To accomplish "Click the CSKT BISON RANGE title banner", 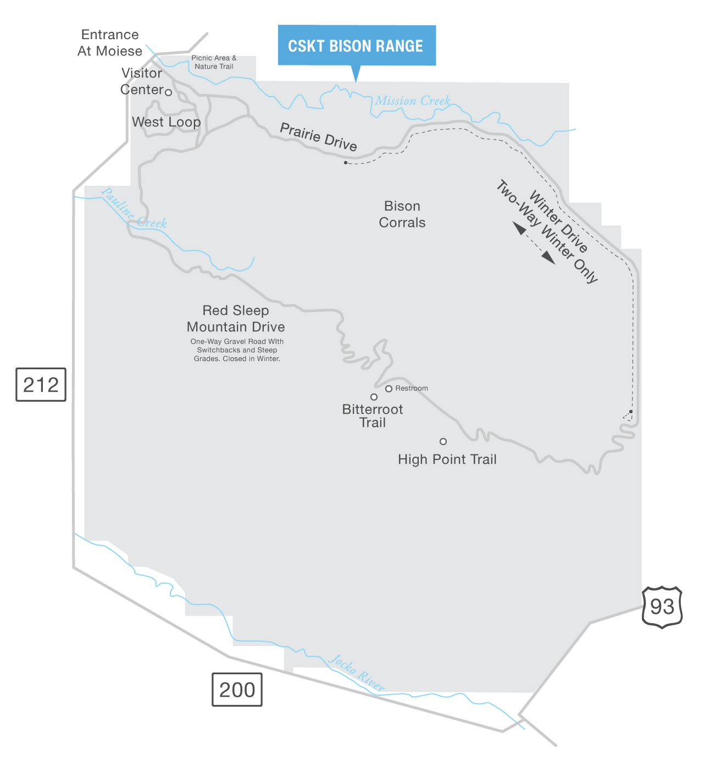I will (356, 46).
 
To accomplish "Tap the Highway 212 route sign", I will (41, 385).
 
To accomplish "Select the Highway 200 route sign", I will (237, 690).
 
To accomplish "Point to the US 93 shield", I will (662, 607).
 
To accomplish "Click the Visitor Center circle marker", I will (169, 92).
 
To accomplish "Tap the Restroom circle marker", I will (389, 389).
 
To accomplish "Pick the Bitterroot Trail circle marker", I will (374, 397).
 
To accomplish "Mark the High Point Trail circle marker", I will (443, 441).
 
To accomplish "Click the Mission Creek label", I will (413, 101).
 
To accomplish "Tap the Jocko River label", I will (357, 673).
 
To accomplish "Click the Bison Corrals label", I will (402, 214).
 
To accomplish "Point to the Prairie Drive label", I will (319, 136).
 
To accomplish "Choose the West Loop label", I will (167, 122).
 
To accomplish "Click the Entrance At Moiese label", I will (110, 43).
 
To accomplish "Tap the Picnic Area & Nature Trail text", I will (214, 62).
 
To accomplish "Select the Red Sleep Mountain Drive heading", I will (236, 319).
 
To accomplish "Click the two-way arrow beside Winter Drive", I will (534, 243).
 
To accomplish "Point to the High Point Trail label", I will (447, 459).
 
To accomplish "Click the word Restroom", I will (412, 389).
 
